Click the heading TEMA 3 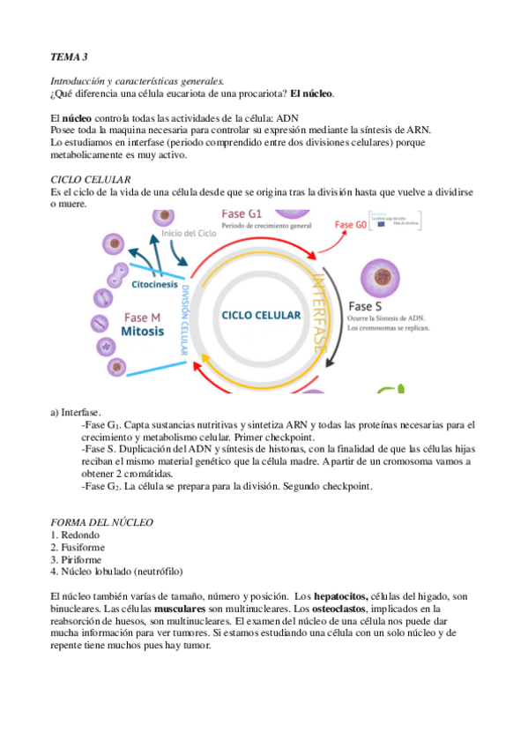[70, 57]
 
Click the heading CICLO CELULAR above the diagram [91, 179]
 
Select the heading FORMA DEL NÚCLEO [102, 522]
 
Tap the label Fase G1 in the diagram [242, 214]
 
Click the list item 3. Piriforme [76, 559]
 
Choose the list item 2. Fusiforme [77, 547]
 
